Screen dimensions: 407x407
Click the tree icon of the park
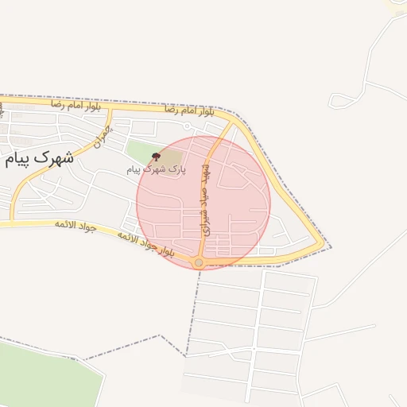155,157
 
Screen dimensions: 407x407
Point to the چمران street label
99,140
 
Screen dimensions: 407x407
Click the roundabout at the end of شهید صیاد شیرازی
199,262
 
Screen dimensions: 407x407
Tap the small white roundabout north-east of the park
187,126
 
